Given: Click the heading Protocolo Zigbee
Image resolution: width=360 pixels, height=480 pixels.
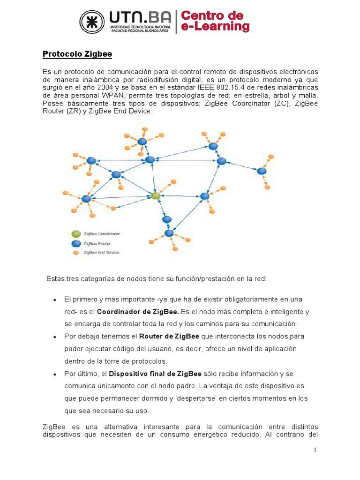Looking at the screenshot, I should pos(77,54).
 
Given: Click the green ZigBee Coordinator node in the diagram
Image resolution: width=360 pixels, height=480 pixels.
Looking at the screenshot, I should pos(156,195).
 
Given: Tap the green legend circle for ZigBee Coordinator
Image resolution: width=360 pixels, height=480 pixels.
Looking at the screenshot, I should pos(75,233).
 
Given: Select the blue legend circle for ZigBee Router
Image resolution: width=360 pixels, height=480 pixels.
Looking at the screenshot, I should pos(75,243).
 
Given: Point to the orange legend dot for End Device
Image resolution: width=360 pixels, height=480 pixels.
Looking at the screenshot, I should pos(75,253).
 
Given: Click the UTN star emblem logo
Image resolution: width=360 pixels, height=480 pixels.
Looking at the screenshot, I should pos(92,22).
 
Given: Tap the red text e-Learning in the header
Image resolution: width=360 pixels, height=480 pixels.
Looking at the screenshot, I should pos(215,27).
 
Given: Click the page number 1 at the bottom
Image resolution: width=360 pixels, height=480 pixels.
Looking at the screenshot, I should pos(315,450).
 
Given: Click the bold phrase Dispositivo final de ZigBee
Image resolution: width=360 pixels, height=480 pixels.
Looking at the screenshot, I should pos(155,374).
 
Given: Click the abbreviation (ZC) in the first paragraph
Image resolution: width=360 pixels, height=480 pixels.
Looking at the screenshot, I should pos(278,103).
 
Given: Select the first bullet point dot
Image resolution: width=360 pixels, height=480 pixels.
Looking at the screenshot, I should pos(55,300).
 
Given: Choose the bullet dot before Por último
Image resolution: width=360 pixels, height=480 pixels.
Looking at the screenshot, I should pos(55,374).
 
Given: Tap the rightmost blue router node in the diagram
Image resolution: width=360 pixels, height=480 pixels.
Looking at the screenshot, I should pos(262,171).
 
